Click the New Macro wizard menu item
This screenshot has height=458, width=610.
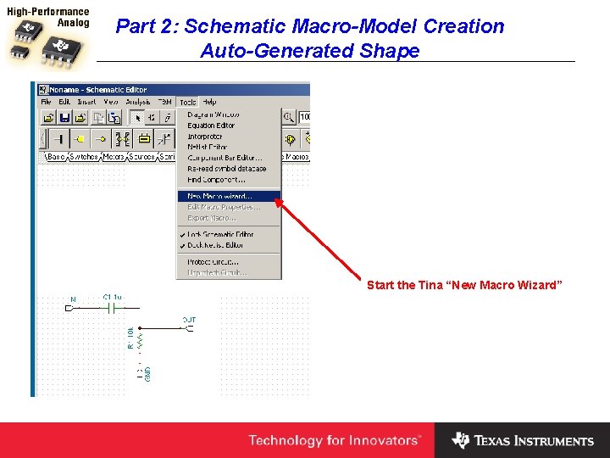click(220, 196)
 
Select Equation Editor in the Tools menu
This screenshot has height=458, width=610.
click(211, 126)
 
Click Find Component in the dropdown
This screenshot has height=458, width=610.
click(216, 180)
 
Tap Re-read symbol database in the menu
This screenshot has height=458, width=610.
click(226, 169)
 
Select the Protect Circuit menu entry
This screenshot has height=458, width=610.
click(213, 262)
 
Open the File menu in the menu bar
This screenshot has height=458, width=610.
click(47, 102)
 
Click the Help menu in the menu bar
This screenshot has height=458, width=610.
click(208, 102)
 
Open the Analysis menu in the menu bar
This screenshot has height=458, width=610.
click(137, 102)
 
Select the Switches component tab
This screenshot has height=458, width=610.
click(84, 157)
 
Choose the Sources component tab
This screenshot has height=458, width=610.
click(141, 157)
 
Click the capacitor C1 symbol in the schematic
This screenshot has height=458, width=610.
click(111, 308)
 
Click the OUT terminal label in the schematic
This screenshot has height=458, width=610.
click(189, 320)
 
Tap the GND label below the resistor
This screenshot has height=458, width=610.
click(147, 372)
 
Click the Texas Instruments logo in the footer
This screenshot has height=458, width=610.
click(523, 440)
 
